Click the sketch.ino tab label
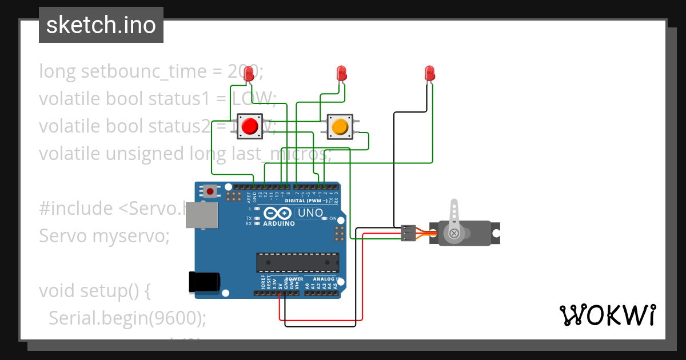click(x=101, y=25)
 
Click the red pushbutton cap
click(x=250, y=126)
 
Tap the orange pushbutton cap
click(x=340, y=126)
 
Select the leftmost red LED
click(x=249, y=74)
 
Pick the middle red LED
click(x=341, y=73)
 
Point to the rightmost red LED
click(x=430, y=73)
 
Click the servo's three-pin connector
click(x=408, y=233)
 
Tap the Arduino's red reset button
click(x=210, y=191)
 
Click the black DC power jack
click(x=204, y=282)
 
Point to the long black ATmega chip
click(x=297, y=262)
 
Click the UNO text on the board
click(x=311, y=213)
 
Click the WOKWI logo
click(x=607, y=315)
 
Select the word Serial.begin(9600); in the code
click(x=127, y=318)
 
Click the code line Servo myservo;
click(x=104, y=235)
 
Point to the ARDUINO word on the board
click(x=279, y=223)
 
